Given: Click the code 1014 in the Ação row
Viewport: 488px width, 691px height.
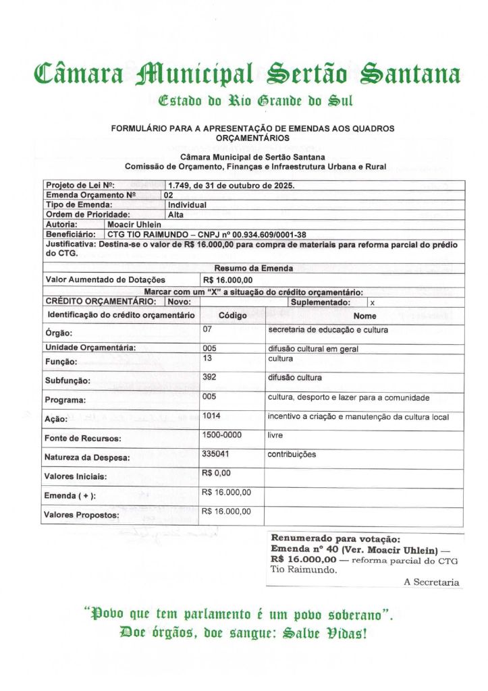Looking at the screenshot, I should [212, 416].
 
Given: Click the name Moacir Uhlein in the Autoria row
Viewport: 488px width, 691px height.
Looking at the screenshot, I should [134, 224].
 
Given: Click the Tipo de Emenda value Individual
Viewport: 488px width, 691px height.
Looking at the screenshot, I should [187, 204].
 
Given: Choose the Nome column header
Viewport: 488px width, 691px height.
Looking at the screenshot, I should [364, 316].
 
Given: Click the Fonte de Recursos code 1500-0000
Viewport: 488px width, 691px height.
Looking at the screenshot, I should [223, 435].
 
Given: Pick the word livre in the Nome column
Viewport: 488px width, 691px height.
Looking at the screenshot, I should [275, 435].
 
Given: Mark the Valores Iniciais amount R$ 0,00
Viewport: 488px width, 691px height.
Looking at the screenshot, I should [217, 473].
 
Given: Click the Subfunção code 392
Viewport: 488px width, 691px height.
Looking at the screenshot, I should [209, 377].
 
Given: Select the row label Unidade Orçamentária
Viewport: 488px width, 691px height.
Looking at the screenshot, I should [90, 348].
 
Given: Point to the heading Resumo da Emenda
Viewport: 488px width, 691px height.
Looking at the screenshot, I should [253, 269].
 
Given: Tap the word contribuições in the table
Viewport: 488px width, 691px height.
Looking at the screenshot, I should [292, 454].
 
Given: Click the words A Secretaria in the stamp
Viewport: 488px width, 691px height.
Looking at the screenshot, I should [431, 582].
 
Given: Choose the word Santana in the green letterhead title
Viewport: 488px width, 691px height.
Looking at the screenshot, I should [410, 74].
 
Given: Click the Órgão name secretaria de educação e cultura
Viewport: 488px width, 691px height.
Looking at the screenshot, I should [323, 329].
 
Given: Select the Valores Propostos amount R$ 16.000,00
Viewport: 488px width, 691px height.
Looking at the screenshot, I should [226, 512].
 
